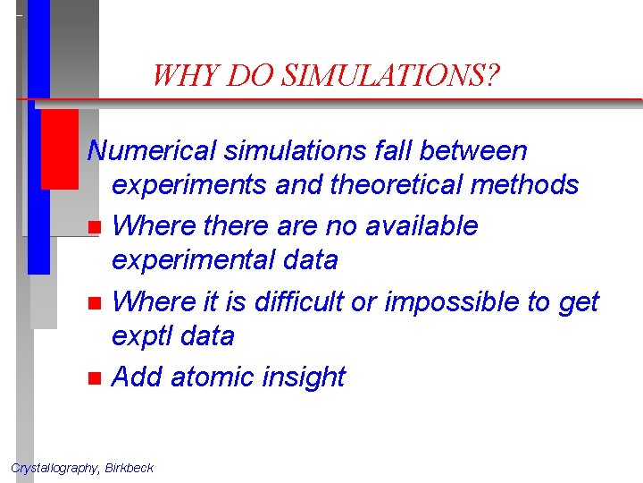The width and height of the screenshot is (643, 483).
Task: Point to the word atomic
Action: pos(212,377)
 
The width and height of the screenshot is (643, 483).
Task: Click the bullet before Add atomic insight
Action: pos(94,378)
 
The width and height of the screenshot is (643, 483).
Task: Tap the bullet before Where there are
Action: pos(94,227)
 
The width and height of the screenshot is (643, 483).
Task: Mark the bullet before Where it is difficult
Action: pos(94,303)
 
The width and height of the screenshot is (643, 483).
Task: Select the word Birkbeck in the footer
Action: pos(129,468)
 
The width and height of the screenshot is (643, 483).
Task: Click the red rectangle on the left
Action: pos(60,148)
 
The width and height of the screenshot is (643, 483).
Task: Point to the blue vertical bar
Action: pos(38,179)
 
